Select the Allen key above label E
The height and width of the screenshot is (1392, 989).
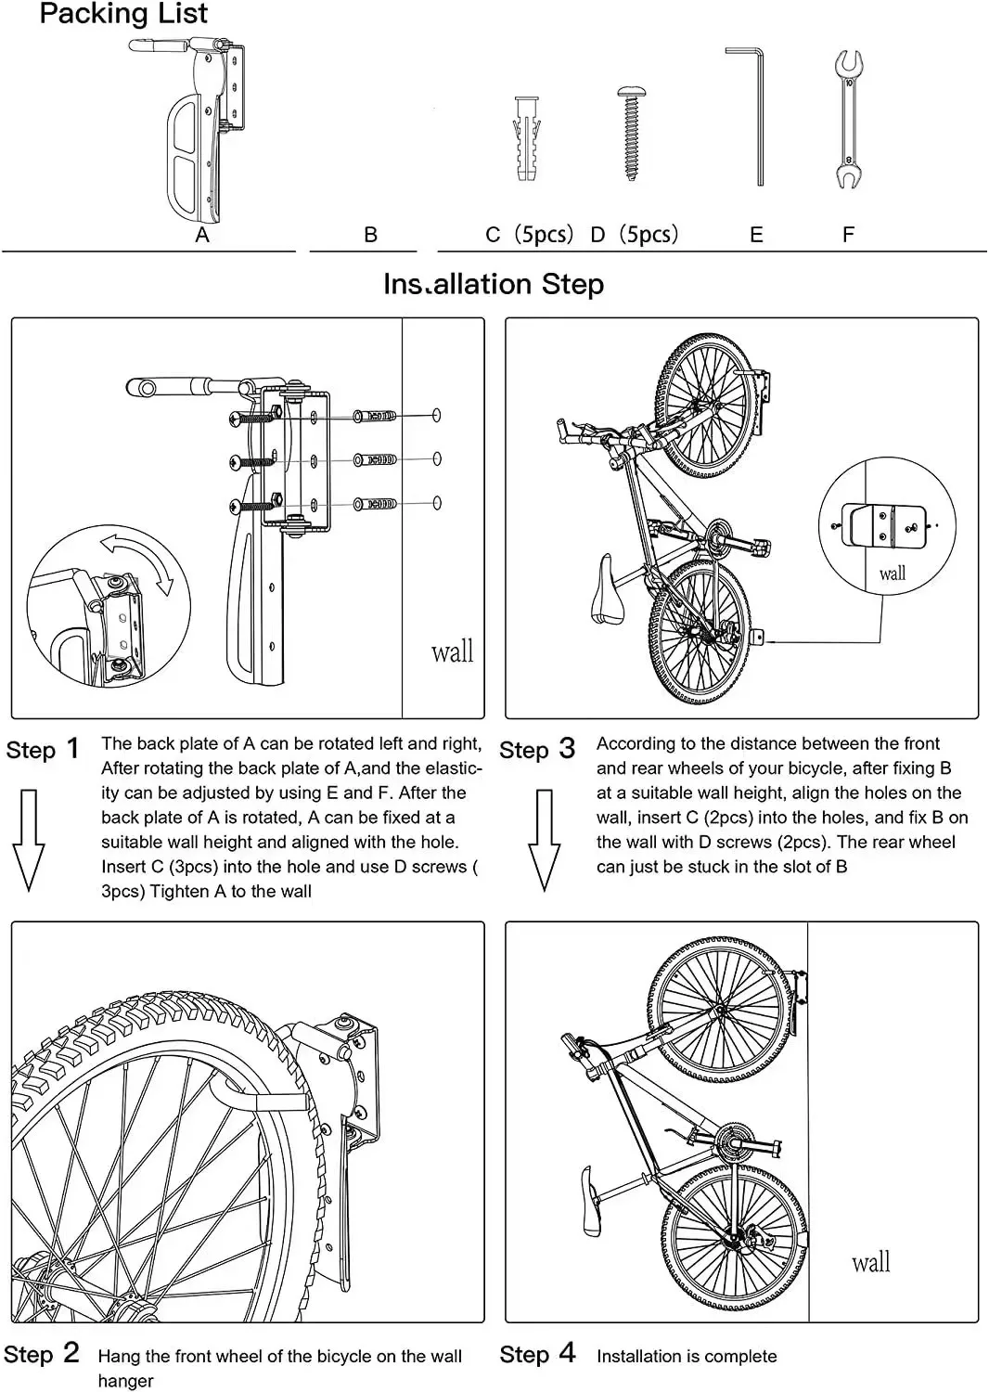tap(753, 115)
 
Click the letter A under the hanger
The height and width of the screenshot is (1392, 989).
tap(202, 236)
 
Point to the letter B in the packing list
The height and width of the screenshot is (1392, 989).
tap(370, 236)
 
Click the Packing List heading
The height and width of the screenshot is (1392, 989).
tap(123, 14)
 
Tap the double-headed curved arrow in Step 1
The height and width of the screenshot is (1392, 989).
tap(139, 561)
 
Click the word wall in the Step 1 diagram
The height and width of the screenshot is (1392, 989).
tap(452, 651)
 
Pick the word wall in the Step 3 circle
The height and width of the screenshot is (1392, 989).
tap(892, 574)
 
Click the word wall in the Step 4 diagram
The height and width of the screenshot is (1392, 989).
tap(870, 1262)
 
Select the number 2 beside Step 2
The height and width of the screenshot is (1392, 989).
tap(71, 1352)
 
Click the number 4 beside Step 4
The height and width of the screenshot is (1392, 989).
tap(567, 1352)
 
